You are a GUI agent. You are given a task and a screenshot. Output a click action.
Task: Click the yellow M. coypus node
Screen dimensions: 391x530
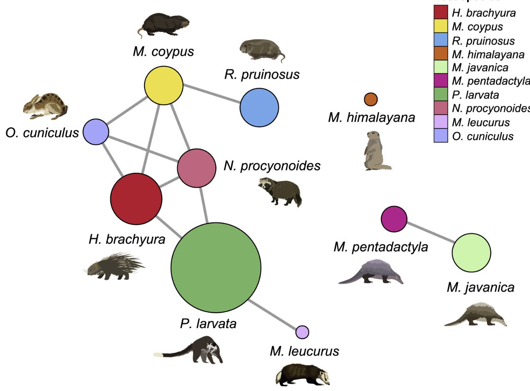(x=164, y=85)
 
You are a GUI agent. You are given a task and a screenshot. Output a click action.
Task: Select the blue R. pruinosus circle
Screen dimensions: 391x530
(x=259, y=108)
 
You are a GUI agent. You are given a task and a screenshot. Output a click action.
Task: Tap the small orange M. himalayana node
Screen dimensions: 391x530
(x=371, y=99)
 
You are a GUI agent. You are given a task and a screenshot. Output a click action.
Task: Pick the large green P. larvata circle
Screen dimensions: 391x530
(x=216, y=267)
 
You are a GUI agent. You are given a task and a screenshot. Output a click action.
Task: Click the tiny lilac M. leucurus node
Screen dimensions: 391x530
(x=302, y=332)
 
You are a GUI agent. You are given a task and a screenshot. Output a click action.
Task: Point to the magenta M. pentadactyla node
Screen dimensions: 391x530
(x=394, y=219)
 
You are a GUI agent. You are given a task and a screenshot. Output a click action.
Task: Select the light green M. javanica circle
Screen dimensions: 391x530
(x=471, y=253)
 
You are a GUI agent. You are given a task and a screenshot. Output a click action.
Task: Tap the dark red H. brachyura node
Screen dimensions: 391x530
(x=136, y=199)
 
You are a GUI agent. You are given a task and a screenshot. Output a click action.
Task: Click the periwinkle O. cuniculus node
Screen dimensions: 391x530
(x=96, y=131)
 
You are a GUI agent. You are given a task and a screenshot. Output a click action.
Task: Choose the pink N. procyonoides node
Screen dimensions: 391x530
(x=197, y=168)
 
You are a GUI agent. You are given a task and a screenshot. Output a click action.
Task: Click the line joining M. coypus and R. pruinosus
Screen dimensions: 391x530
(x=211, y=96)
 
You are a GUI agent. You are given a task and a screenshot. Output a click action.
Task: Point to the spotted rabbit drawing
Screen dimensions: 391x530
(x=45, y=106)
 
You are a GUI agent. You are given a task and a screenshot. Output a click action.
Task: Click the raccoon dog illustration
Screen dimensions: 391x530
(x=280, y=192)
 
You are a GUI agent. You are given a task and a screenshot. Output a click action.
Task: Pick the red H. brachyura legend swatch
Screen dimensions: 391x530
(x=440, y=12)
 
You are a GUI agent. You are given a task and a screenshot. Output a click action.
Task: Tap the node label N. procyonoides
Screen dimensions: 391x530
(x=272, y=166)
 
